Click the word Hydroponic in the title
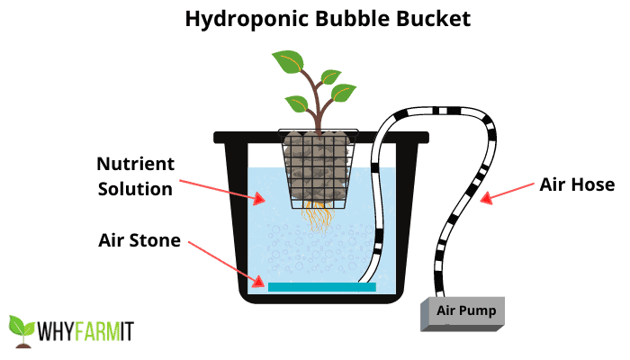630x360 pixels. (x=247, y=19)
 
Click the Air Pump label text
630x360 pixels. (x=466, y=310)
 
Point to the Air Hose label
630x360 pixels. (x=577, y=184)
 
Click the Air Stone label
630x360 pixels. (x=139, y=240)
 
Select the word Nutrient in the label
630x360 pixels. (x=136, y=164)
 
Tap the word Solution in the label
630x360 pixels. (x=135, y=189)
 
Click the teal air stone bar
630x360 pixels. (x=322, y=287)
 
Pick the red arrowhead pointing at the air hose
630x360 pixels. (x=486, y=198)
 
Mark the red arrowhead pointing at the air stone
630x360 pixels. (x=258, y=282)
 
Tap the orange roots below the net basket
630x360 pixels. (x=319, y=218)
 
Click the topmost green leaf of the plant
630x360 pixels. (x=288, y=61)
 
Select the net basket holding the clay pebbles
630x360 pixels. (x=319, y=169)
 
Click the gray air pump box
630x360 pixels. (x=462, y=314)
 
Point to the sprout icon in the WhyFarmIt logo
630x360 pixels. (x=22, y=331)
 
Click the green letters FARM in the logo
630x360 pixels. (x=97, y=331)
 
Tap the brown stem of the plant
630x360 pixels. (x=318, y=103)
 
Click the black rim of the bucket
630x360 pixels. (x=321, y=138)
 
